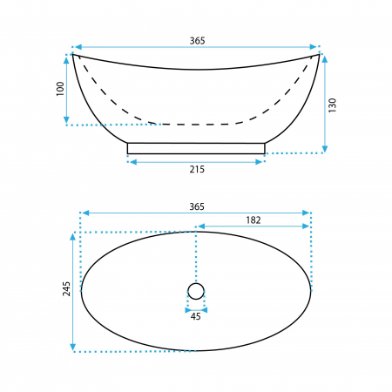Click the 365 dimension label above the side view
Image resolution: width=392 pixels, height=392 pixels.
point(197,41)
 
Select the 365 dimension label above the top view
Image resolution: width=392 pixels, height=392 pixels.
point(197,206)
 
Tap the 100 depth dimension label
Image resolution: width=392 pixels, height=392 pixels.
point(60,89)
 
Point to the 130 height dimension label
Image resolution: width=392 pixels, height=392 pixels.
point(332,105)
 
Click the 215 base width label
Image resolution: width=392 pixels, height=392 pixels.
point(197,169)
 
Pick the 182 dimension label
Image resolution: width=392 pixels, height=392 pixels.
point(253,220)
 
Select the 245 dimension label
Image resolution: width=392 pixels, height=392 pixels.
point(66,288)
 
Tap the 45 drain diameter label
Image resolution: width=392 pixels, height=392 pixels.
point(196,316)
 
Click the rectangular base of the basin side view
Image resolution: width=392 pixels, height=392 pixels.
point(196,148)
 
